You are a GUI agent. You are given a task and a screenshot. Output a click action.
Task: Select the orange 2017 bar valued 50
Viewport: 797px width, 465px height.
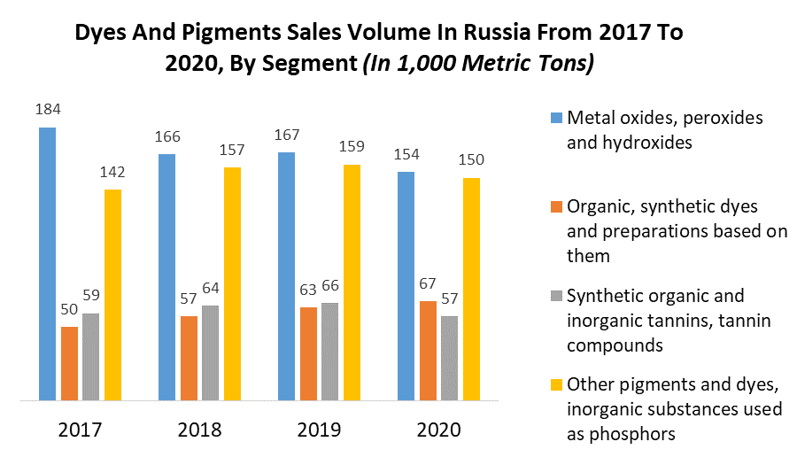[69, 363]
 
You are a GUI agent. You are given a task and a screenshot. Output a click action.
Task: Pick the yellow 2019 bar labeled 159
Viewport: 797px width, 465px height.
[352, 283]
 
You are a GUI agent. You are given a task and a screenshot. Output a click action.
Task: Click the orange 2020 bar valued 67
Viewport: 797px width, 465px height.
[428, 351]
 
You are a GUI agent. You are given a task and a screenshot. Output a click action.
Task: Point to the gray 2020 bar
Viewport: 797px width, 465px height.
[449, 358]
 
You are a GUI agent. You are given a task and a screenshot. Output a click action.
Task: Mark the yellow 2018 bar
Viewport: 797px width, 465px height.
[232, 283]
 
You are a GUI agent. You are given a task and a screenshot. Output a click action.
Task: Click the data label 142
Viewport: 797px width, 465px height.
[112, 174]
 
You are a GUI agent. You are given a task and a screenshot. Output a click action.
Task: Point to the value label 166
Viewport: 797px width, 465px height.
[166, 137]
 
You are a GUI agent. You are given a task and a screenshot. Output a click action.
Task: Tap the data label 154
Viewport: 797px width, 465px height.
[406, 155]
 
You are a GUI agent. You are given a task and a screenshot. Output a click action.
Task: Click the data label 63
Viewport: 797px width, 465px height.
[307, 291]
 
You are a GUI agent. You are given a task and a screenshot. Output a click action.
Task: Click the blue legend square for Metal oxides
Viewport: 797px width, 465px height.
[555, 118]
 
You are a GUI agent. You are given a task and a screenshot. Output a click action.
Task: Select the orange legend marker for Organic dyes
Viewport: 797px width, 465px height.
[555, 206]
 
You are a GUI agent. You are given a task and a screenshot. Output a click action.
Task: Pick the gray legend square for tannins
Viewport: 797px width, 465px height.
[555, 296]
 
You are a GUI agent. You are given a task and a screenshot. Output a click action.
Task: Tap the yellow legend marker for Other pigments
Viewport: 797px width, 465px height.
[555, 385]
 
